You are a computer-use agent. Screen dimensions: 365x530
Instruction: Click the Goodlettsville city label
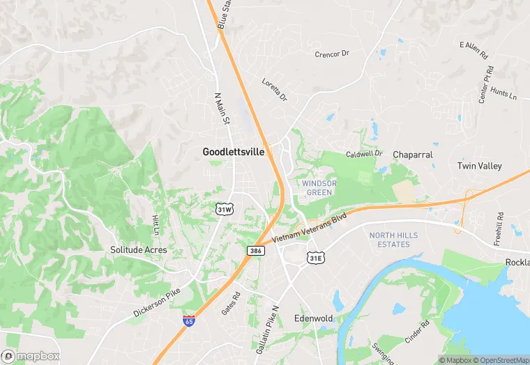click(x=234, y=151)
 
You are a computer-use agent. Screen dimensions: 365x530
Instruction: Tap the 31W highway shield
click(x=224, y=208)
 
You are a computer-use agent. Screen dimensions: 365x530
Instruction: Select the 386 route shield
click(x=255, y=249)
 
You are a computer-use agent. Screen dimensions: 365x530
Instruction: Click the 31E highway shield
click(x=315, y=258)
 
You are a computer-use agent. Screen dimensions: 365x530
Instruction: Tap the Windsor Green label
click(x=319, y=187)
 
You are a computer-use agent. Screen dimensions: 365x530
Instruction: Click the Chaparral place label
click(x=413, y=154)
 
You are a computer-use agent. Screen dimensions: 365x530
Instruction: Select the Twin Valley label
click(x=479, y=166)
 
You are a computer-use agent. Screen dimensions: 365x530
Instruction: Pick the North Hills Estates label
click(x=393, y=240)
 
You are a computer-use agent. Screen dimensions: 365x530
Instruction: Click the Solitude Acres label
click(x=139, y=249)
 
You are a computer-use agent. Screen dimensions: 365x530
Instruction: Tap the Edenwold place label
click(x=313, y=318)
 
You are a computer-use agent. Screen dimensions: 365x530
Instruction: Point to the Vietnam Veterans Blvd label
click(x=309, y=228)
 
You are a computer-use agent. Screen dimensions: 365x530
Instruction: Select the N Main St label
click(x=222, y=110)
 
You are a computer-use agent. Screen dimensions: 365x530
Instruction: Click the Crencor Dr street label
click(x=331, y=54)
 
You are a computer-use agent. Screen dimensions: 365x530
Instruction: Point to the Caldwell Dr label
click(x=365, y=153)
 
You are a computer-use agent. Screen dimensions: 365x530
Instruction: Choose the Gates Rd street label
click(x=230, y=301)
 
